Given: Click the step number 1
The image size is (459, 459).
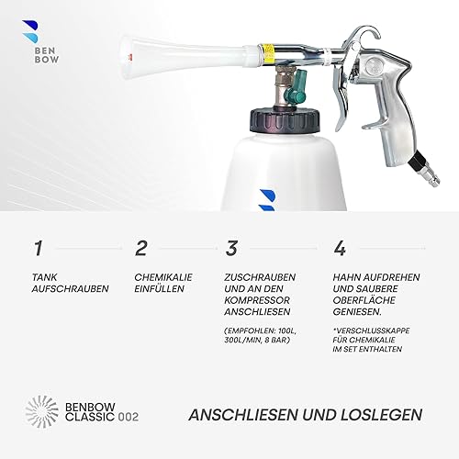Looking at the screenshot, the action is point(38,249).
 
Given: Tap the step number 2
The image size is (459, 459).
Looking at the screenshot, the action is point(141,249).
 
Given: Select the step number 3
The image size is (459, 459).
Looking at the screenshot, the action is point(231,249).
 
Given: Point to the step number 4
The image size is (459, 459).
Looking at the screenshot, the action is point(340,249).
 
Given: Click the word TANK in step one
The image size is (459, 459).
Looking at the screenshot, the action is point(44,277).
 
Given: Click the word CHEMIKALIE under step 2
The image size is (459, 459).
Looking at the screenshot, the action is point(163,277).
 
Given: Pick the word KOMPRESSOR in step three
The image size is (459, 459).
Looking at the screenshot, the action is point(256,300).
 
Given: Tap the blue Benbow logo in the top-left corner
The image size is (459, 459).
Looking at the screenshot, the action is point(30,31).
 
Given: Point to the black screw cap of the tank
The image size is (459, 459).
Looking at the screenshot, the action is point(285,120).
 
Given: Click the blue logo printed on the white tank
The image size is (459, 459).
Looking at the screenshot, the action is point(266,200).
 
